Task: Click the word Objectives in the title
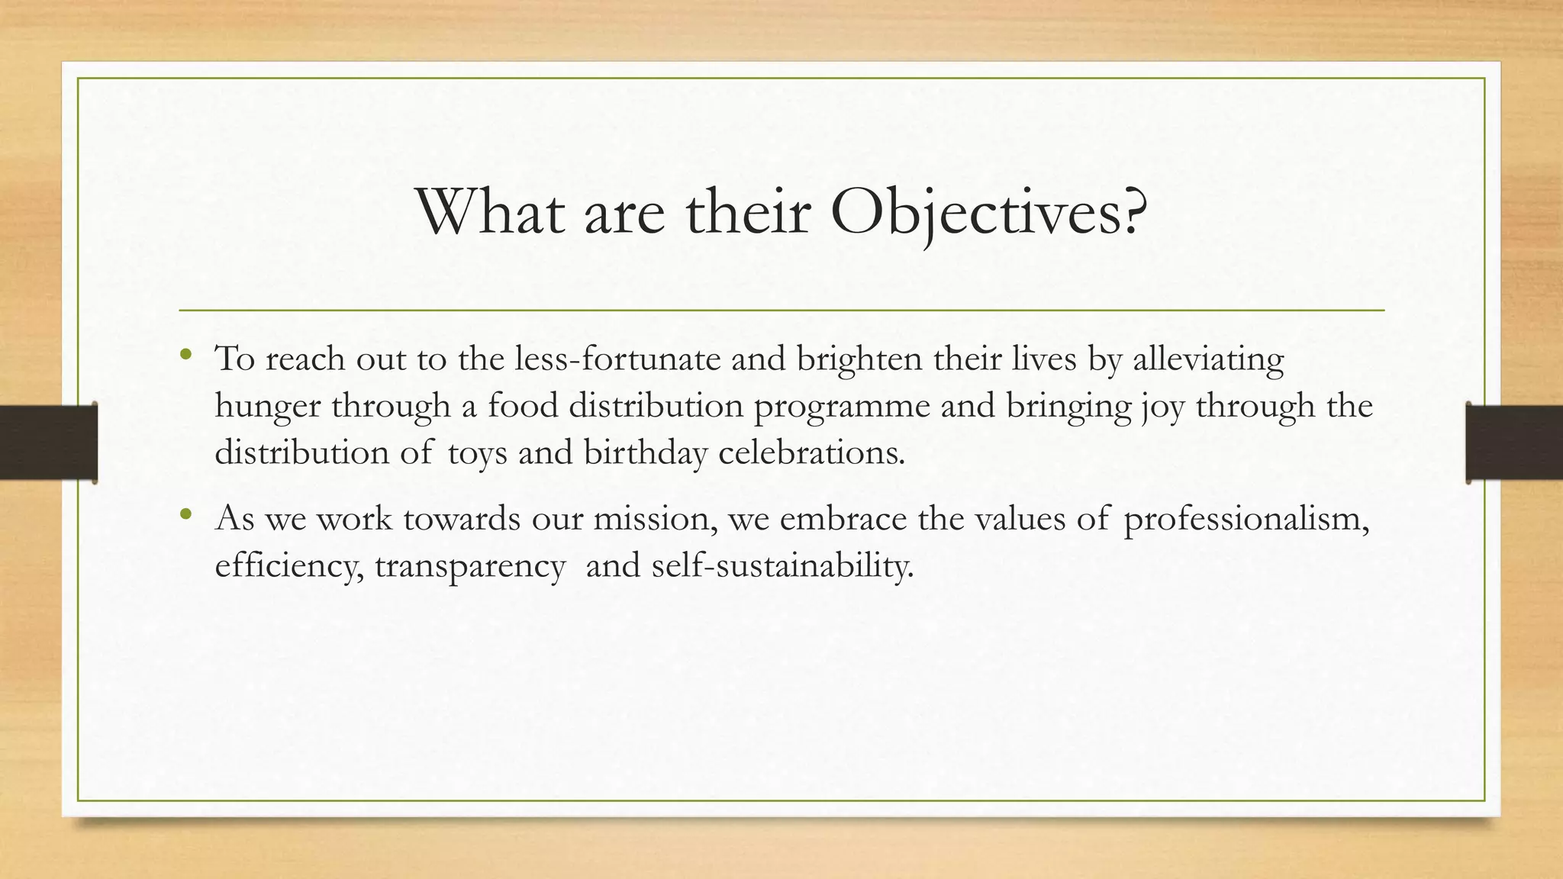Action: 988,211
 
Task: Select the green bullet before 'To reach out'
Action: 185,354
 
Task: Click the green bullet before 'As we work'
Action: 185,514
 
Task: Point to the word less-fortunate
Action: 617,358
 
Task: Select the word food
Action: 523,405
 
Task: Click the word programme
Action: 842,407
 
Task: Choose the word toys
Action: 477,452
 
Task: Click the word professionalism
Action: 1246,519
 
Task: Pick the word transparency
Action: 470,566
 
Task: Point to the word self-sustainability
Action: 782,566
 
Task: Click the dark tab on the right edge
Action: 1514,443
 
